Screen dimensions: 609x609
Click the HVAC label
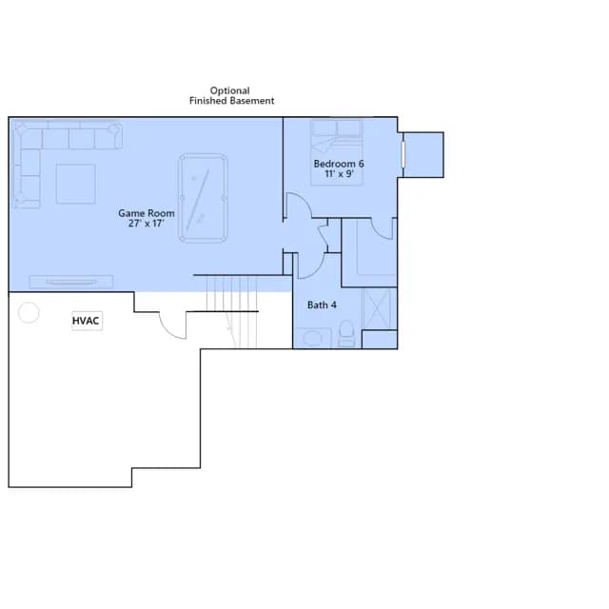[x=86, y=321]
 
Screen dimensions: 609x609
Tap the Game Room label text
[x=147, y=213]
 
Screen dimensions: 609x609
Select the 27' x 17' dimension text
[x=146, y=224]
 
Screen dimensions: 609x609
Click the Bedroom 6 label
[x=339, y=164]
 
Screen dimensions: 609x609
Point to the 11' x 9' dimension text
[x=339, y=173]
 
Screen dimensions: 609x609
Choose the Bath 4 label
[x=322, y=304]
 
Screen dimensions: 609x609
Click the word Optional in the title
[x=230, y=91]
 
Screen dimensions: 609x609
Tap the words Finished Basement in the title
[x=232, y=101]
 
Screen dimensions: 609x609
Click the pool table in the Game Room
[x=203, y=199]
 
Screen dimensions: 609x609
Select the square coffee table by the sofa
[x=76, y=184]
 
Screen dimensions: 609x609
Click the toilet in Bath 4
[x=346, y=333]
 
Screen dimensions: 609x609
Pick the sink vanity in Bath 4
[x=313, y=338]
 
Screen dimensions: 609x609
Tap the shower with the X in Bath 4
[x=377, y=309]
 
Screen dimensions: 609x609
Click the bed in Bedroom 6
[x=337, y=152]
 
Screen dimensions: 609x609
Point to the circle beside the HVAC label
[x=29, y=313]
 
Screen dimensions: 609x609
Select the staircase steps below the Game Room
[x=231, y=311]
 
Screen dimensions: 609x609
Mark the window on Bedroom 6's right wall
[x=403, y=154]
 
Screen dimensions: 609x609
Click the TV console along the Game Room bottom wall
[x=71, y=282]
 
